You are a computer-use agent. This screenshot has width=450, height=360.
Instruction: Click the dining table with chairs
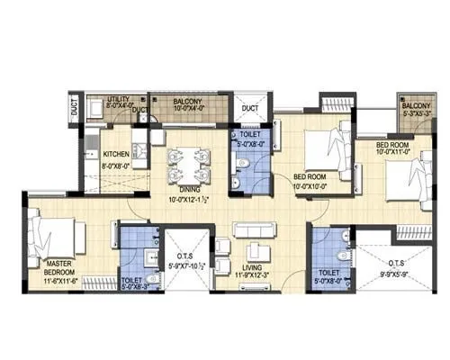(x=190, y=163)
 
